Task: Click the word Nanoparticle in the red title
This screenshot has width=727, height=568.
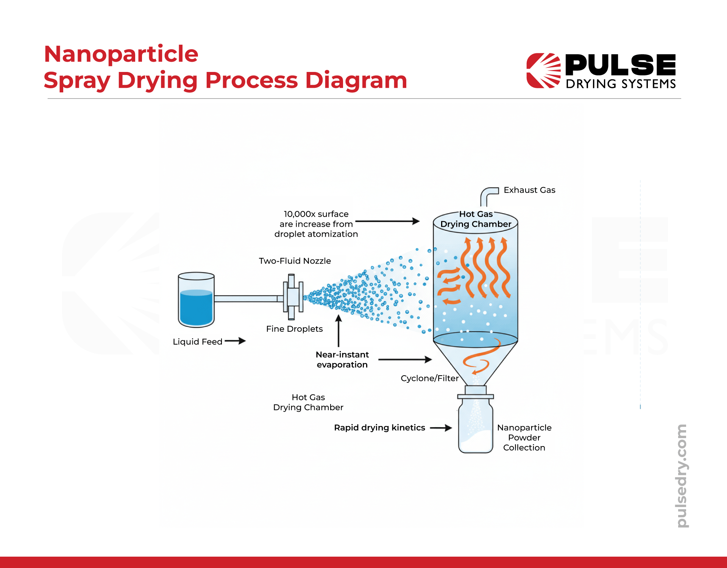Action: coord(121,54)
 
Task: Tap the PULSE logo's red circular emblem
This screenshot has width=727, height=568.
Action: coord(543,71)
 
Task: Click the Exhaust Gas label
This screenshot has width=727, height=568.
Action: coord(529,190)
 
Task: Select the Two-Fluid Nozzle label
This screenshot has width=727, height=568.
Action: coord(295,261)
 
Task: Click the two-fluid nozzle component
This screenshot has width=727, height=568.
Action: coord(293,297)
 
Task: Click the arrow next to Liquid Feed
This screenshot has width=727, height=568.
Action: coord(235,341)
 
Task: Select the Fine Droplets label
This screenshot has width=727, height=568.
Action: coord(294,329)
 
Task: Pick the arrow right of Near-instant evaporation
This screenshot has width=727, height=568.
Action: coord(405,360)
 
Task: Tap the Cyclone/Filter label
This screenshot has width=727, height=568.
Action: coord(429,378)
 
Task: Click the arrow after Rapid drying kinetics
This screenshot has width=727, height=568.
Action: coord(441,428)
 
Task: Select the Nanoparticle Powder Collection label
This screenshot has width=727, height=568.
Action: coord(524,438)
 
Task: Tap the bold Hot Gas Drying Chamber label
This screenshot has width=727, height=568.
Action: coord(476,219)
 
